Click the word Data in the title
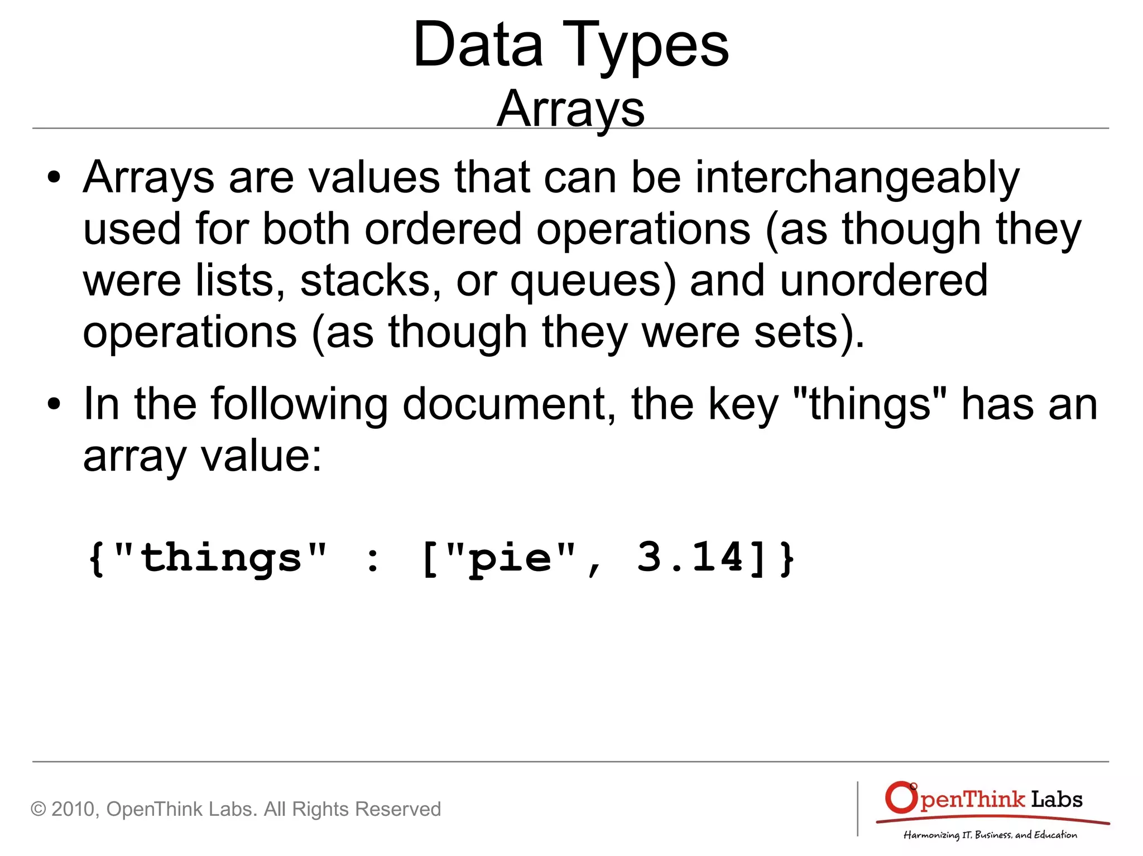478,45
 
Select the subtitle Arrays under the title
570,109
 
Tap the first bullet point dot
54,178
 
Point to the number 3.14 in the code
690,558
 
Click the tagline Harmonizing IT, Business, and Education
990,835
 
